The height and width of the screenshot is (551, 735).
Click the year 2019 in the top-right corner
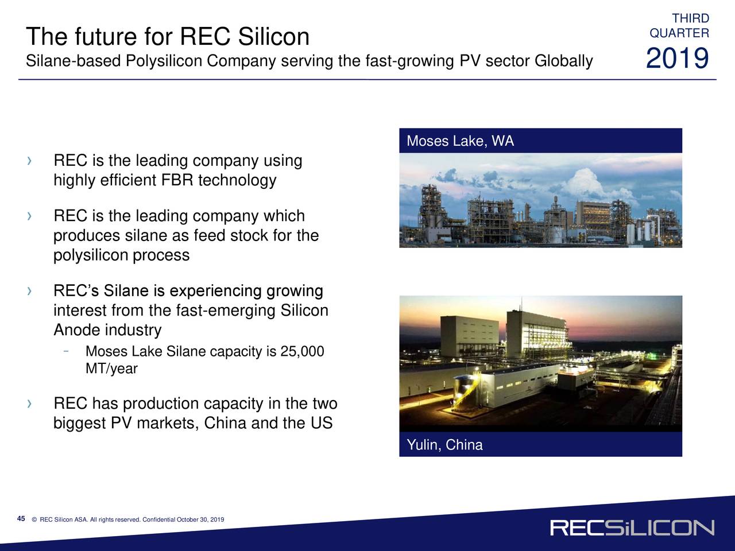pos(677,58)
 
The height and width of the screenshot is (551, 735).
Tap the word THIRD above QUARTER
pos(690,18)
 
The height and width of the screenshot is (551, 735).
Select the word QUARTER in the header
pos(679,33)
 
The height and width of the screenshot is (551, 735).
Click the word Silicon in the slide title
pos(273,36)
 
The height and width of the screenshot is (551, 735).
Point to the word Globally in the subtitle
pos(563,61)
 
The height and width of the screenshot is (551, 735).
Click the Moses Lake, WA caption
pos(460,141)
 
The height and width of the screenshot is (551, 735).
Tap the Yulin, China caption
pos(444,445)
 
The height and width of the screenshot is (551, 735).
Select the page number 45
pos(21,518)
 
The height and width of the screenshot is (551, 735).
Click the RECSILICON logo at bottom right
pos(632,528)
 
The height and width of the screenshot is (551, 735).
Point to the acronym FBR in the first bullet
pos(177,180)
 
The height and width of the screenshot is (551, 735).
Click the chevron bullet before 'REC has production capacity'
pos(29,403)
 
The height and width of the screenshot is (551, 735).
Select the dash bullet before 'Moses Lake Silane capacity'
pos(66,351)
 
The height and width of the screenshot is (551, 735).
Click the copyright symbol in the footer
pos(34,519)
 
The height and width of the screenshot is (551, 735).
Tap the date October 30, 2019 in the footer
pos(200,519)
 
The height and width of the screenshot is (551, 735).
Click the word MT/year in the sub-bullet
pos(111,368)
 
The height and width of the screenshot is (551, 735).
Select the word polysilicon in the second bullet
pos(91,255)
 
